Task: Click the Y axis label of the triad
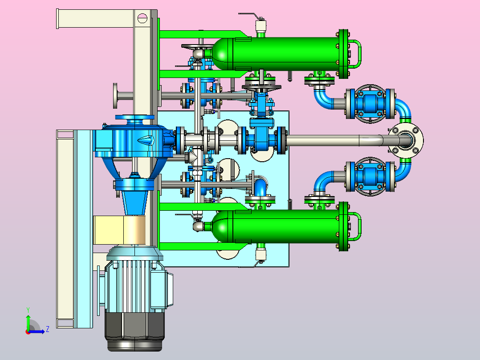point(28,310)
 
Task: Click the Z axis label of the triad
point(48,329)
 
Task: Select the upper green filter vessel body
point(276,53)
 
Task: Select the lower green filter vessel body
point(276,226)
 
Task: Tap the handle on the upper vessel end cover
point(357,53)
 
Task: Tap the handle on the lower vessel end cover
point(357,226)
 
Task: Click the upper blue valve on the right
point(370,103)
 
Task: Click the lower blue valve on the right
point(370,176)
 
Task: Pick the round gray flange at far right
point(406,140)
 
